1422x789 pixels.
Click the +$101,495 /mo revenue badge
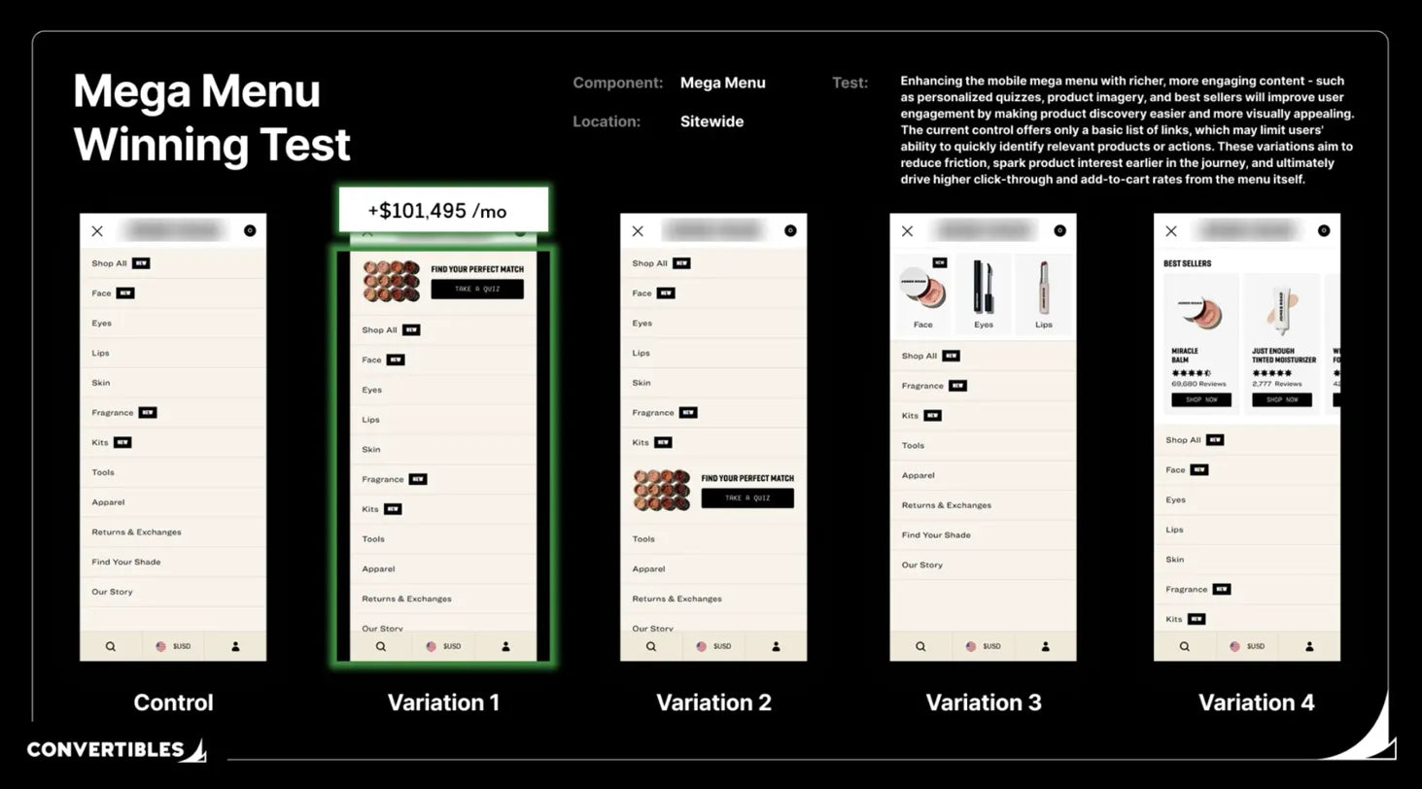(x=442, y=210)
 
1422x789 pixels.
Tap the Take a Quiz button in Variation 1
(x=476, y=289)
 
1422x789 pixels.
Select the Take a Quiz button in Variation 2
(x=746, y=497)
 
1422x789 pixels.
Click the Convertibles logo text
(x=105, y=749)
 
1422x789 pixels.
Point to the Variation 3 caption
(x=983, y=703)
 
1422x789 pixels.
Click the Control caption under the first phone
(x=173, y=703)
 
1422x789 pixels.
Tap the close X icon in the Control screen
(x=97, y=231)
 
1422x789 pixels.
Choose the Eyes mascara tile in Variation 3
(x=984, y=293)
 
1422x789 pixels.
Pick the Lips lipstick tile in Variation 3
(x=1043, y=293)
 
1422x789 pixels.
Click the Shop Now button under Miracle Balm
(x=1200, y=399)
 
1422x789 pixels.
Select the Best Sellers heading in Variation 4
(x=1187, y=263)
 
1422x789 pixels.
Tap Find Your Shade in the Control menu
(x=126, y=562)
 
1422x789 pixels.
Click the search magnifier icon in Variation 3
(x=919, y=646)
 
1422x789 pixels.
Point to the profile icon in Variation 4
(x=1309, y=646)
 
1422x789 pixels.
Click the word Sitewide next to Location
(x=711, y=121)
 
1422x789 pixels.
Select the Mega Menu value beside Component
(x=722, y=83)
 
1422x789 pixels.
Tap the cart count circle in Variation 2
(x=790, y=230)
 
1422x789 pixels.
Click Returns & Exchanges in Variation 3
(x=946, y=505)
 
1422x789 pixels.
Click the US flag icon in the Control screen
(x=161, y=646)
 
